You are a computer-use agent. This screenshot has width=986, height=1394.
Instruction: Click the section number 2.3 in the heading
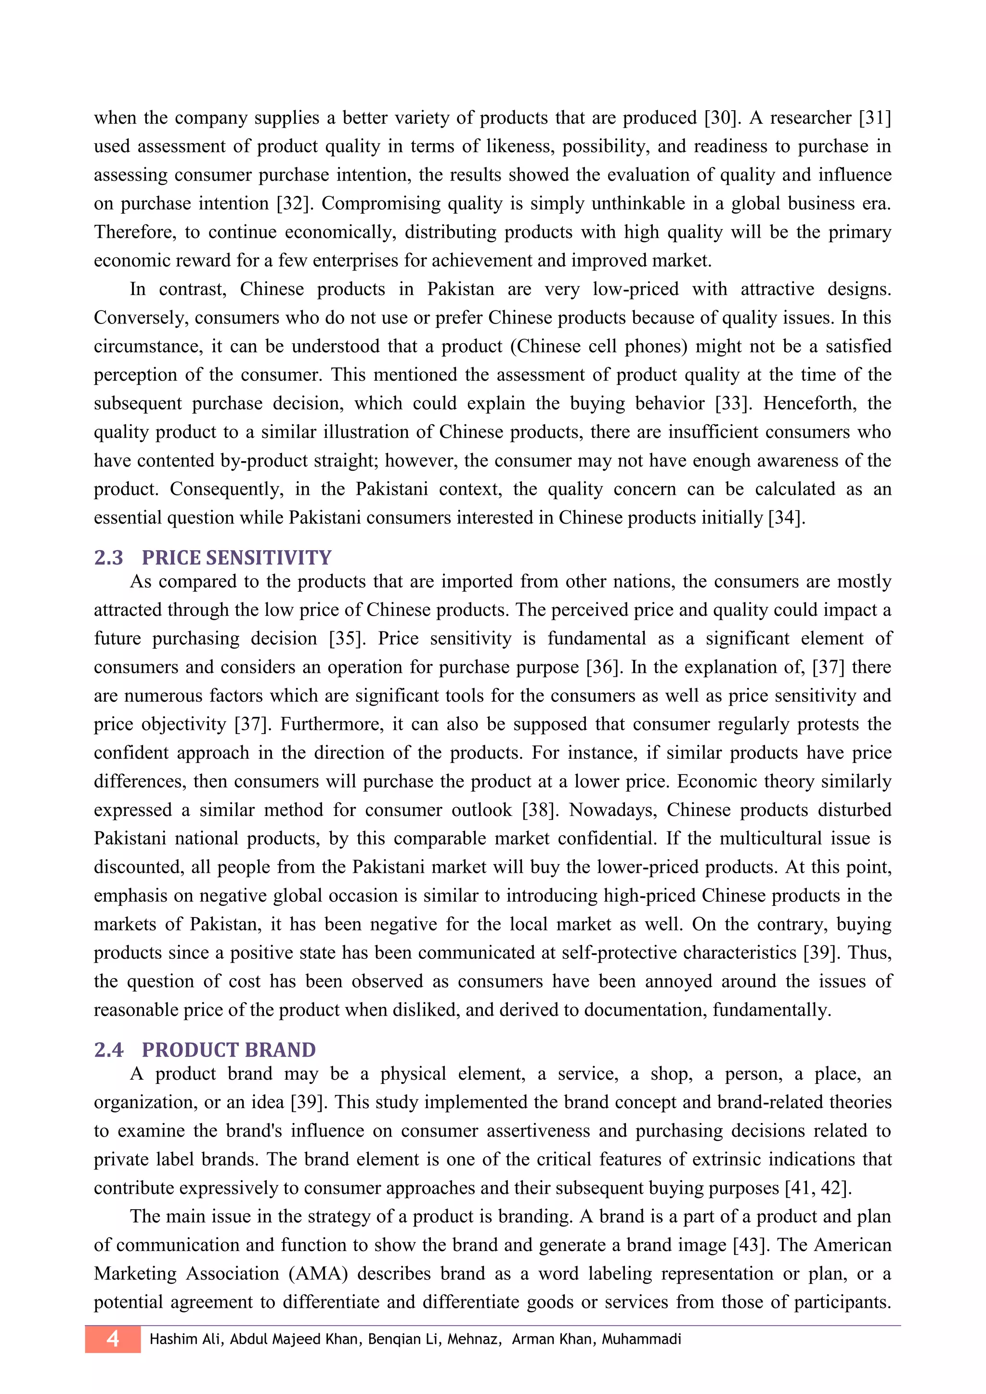[109, 557]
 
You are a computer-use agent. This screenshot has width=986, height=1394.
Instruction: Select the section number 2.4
[109, 1050]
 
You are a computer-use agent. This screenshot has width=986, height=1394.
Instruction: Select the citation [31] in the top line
[874, 118]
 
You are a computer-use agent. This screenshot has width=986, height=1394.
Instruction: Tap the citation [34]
[786, 518]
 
